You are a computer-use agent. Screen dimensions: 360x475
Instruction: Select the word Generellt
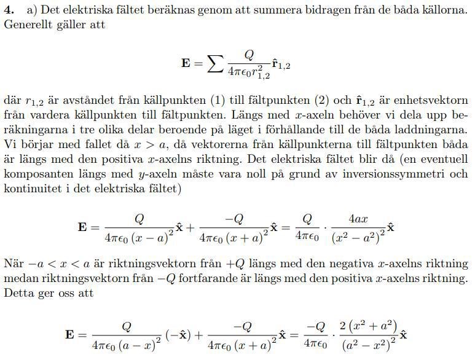coord(26,25)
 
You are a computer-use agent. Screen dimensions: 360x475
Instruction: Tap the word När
coord(14,264)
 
